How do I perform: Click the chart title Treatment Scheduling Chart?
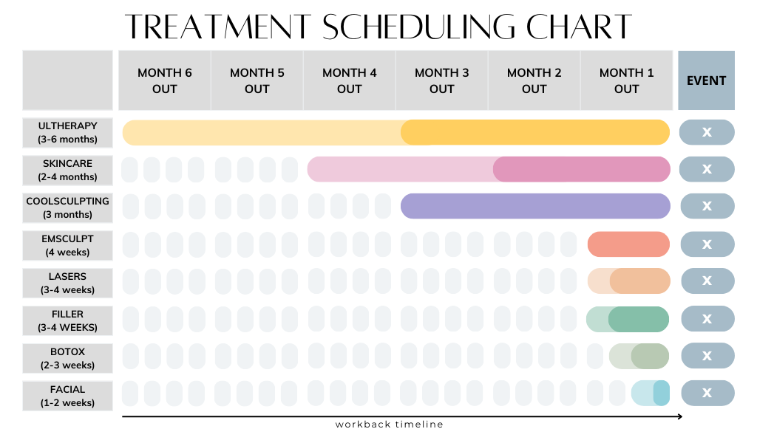coord(378,27)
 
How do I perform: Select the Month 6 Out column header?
coord(164,80)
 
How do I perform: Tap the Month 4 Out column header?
coord(349,80)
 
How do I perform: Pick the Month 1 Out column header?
coord(626,80)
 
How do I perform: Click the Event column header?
coord(706,80)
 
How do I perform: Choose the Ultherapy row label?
coord(67,132)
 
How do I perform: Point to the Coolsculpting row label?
coord(67,207)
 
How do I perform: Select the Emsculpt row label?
coord(67,245)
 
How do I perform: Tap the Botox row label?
coord(67,358)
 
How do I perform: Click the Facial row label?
coord(67,396)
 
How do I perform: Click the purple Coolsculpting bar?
coord(535,206)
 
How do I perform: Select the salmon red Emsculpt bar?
coord(628,244)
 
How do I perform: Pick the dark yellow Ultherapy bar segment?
coord(535,132)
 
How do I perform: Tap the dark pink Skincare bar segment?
coord(581,169)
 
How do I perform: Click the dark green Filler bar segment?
coord(639,319)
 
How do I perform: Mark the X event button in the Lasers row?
coord(707,281)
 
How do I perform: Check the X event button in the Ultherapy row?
coord(707,132)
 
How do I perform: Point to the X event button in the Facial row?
coord(707,394)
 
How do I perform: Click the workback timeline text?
coord(389,425)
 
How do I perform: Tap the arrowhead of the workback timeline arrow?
coord(679,417)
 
